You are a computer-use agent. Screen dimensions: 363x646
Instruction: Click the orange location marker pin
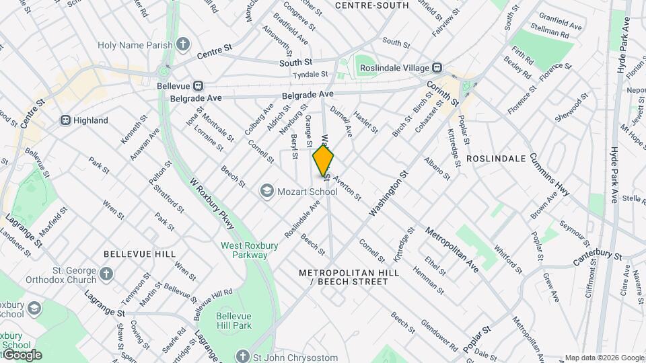324,161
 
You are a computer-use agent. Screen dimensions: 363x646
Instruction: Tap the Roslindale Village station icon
437,67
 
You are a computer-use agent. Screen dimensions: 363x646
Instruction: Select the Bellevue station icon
198,85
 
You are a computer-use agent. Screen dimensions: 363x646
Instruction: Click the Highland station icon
65,120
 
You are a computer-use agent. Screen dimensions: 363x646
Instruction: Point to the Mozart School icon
267,192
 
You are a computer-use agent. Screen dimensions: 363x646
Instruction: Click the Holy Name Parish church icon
183,45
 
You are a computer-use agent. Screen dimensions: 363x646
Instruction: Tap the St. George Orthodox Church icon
106,273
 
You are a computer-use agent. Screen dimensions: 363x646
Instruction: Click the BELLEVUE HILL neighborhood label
139,254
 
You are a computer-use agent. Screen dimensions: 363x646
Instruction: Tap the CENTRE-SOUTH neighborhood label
371,5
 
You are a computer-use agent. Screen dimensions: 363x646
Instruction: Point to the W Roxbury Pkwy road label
209,203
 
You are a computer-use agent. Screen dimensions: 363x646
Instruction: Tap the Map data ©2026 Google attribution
604,358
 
